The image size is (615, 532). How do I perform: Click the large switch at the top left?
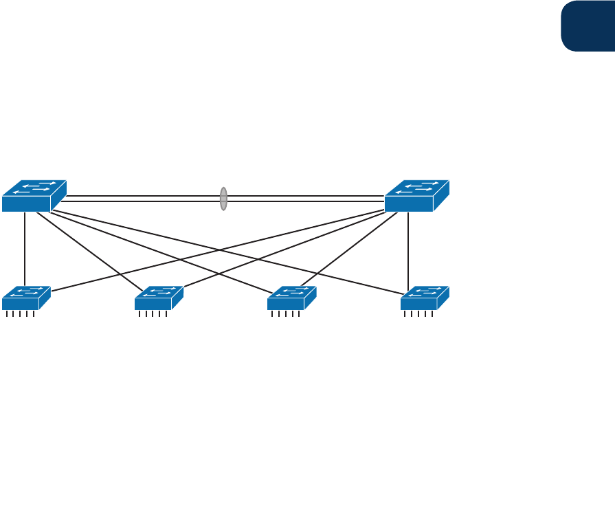pos(33,196)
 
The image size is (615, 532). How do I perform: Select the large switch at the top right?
pos(416,196)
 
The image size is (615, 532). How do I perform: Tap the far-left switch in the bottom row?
pos(26,298)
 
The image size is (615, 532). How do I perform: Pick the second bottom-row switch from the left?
pos(159,298)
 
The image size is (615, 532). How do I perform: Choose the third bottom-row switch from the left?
pos(291,298)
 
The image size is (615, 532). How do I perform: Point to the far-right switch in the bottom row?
pos(425,298)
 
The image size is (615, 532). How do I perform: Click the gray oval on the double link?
pos(223,199)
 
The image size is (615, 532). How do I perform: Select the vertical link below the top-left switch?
pos(25,247)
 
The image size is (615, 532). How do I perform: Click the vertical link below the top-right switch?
pos(408,247)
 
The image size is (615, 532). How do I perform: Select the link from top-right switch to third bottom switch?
pos(349,251)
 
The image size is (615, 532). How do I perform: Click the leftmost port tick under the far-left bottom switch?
pos(6,314)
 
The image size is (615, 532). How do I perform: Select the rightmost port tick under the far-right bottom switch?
pos(432,314)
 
